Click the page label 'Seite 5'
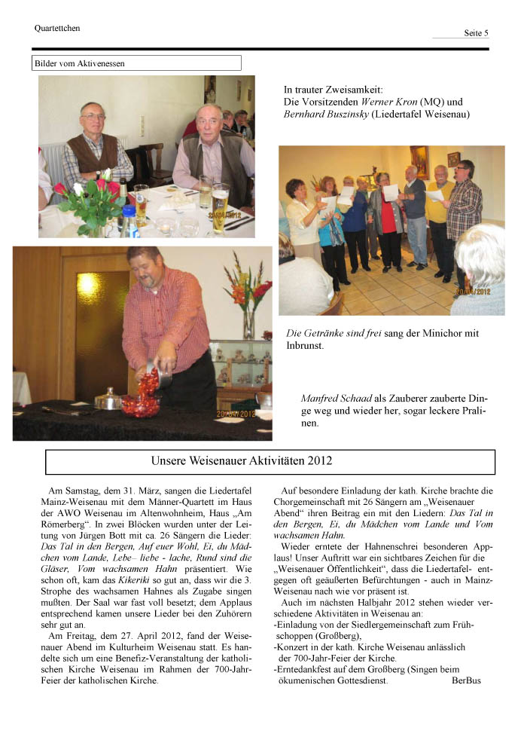476,33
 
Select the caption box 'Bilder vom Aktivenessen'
136,63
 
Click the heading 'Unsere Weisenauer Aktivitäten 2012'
242,460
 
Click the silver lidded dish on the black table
109,399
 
